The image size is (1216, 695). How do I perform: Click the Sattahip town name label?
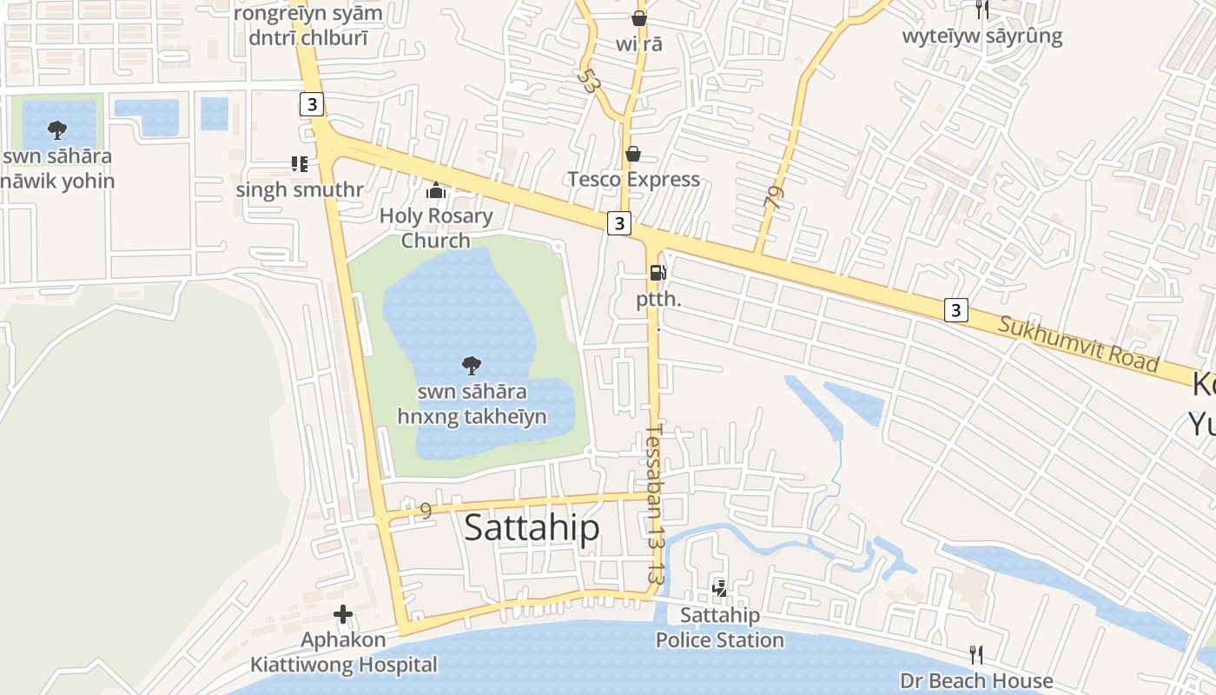point(532,527)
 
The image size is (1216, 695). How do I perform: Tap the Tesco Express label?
point(633,179)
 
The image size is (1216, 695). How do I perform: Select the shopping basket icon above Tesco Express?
point(633,154)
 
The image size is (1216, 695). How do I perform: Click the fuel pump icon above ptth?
point(658,273)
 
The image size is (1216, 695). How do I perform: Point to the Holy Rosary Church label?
point(436,228)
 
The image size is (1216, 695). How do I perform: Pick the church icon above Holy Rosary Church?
point(436,190)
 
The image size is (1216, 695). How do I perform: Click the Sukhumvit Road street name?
point(1078,342)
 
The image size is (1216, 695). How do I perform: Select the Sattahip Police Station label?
point(719,627)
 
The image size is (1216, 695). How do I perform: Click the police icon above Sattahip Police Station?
point(719,589)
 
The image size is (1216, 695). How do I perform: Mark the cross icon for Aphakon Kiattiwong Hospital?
point(343,615)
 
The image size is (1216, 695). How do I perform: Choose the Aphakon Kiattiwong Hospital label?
point(344,652)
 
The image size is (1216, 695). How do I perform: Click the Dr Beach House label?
point(976,680)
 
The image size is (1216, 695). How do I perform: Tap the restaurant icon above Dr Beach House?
point(976,654)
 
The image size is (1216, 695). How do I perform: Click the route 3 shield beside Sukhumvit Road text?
point(955,309)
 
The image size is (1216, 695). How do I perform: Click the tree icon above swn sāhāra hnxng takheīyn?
point(472,365)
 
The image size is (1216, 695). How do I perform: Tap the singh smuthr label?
point(299,189)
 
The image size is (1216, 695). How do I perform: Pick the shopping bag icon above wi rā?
point(639,17)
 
